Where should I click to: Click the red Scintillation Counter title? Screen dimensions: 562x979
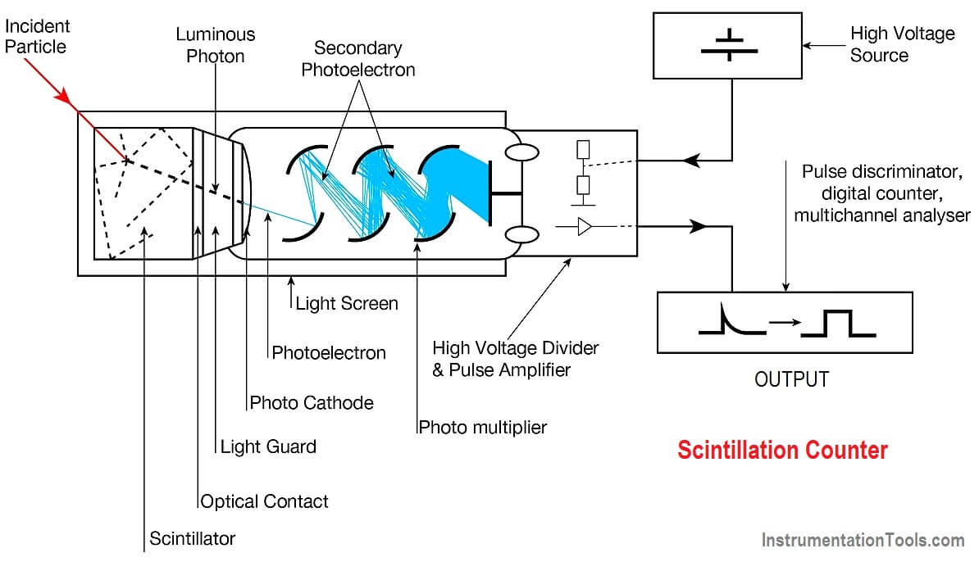782,450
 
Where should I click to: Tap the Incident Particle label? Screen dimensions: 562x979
38,36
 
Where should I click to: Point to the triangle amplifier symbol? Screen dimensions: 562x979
585,226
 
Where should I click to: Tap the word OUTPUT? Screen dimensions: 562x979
791,379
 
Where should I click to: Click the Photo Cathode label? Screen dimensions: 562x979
312,402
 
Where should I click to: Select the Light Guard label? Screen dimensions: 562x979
268,446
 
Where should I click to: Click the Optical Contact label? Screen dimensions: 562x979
264,501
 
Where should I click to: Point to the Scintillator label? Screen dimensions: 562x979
192,538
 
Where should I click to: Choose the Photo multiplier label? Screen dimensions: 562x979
482,427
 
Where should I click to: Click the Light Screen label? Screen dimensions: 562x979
347,303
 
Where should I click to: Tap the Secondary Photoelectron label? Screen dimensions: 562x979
358,59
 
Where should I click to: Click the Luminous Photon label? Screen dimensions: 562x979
216,44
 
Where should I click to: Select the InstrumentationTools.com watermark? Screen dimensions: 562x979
863,540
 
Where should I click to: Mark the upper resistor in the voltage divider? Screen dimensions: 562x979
583,149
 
